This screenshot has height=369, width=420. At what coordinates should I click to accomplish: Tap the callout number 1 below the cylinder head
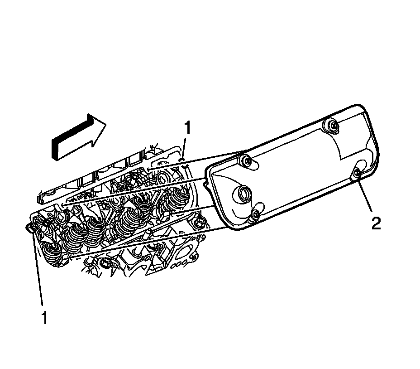click(44, 317)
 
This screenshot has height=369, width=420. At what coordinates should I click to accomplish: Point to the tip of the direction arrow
click(106, 124)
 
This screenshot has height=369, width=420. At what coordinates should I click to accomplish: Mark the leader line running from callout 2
click(365, 194)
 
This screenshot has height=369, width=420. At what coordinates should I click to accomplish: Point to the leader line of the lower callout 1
click(39, 272)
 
